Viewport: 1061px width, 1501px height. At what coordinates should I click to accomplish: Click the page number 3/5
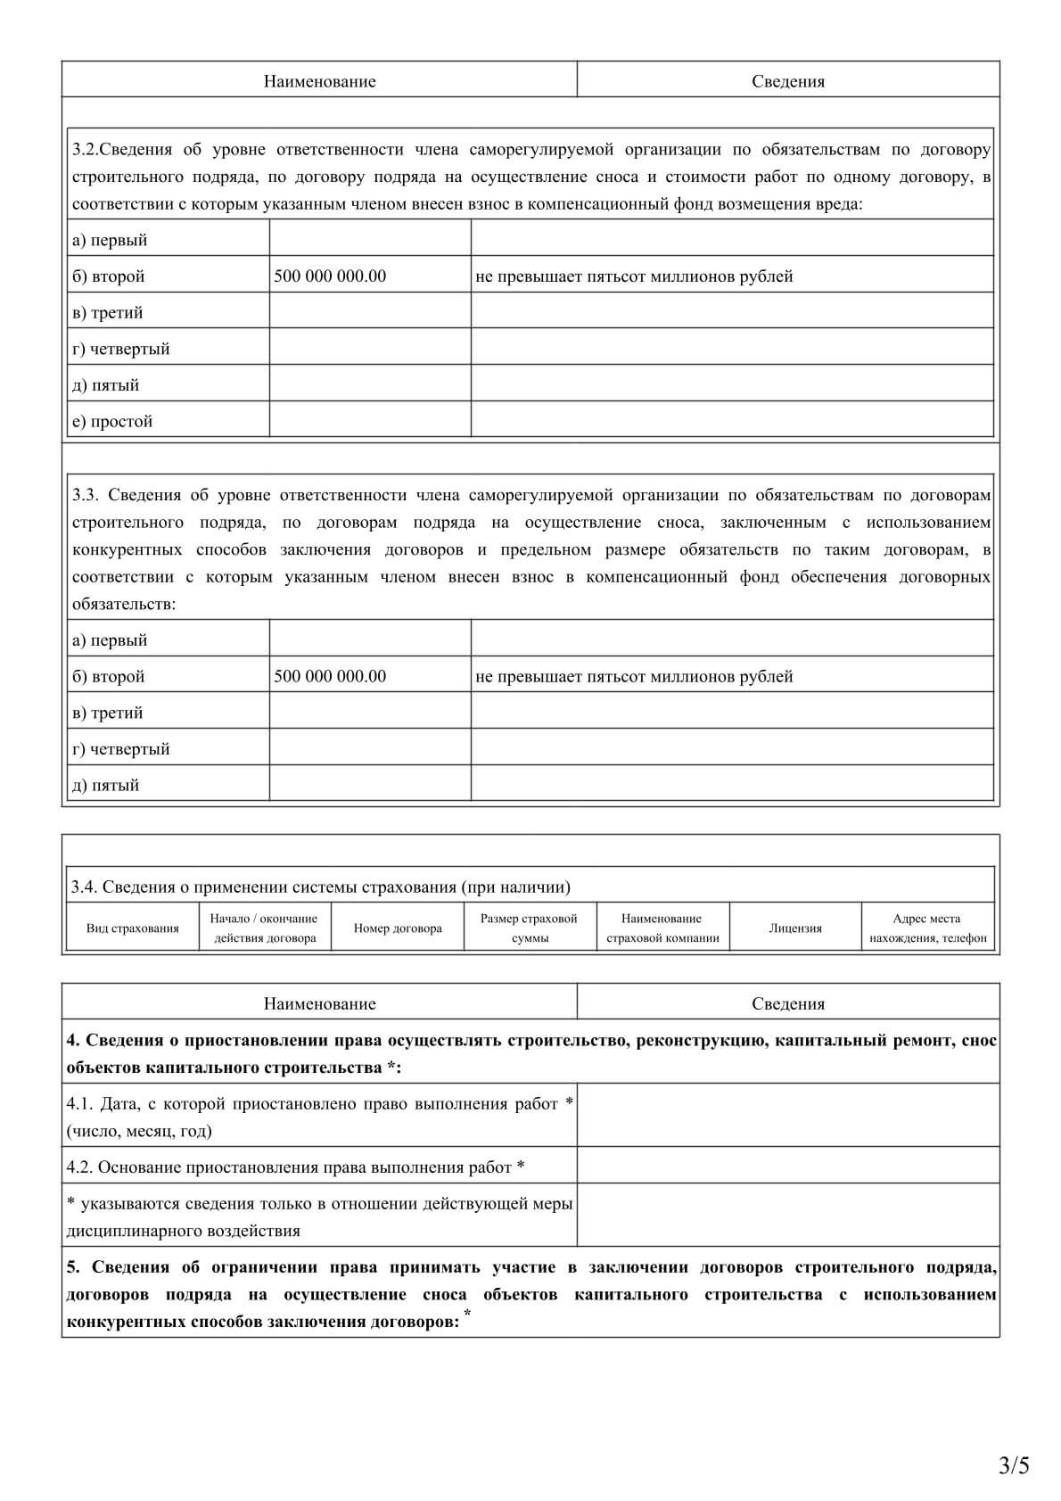click(1014, 1465)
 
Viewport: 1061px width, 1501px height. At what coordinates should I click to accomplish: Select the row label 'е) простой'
click(112, 421)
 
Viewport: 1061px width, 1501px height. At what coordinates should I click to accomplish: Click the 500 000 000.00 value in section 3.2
click(330, 276)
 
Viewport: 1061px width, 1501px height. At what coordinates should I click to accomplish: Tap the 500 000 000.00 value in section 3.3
click(330, 676)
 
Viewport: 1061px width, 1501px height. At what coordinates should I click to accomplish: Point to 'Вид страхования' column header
click(133, 928)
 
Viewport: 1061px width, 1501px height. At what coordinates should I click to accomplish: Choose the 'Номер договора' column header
click(398, 928)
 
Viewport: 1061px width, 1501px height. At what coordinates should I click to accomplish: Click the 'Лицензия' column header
click(795, 928)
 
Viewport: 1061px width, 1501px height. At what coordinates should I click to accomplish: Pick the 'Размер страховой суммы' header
click(530, 928)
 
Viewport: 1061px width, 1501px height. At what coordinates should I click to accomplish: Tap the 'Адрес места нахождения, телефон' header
click(927, 928)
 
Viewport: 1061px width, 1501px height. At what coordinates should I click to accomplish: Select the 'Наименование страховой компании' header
click(662, 928)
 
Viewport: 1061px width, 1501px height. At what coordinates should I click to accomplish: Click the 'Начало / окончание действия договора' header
click(265, 928)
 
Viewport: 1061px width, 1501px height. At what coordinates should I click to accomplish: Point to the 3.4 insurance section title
click(321, 887)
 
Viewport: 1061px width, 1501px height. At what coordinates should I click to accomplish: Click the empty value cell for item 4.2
click(788, 1167)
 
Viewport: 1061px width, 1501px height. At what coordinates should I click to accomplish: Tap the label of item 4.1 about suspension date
click(319, 1117)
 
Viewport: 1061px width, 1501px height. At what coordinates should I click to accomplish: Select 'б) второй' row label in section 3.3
click(108, 676)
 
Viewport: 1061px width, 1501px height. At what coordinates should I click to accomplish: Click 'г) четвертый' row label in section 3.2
click(120, 349)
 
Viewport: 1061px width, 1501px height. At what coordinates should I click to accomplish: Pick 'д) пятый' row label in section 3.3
click(105, 785)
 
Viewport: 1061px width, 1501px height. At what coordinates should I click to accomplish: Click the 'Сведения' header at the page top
click(788, 81)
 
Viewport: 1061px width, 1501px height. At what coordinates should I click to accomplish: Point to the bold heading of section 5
click(530, 1294)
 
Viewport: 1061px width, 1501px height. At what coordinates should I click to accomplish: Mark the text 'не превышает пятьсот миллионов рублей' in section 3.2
click(634, 276)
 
